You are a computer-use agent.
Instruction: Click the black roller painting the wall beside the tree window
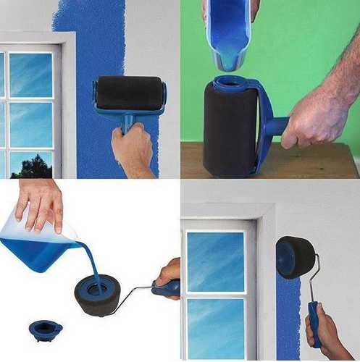tap(129, 93)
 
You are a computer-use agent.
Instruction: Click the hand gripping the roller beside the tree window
tap(133, 148)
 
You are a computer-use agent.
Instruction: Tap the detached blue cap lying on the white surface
tap(46, 330)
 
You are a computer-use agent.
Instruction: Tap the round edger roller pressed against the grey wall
tap(296, 256)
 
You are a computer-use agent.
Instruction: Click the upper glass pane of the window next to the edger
tap(216, 261)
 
